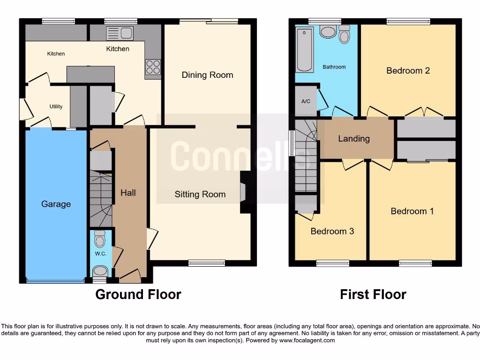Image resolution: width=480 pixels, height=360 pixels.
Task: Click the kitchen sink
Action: pos(120,32)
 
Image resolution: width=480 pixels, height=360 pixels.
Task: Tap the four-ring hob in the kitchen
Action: pos(153,67)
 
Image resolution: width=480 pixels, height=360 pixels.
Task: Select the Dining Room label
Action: pos(207,75)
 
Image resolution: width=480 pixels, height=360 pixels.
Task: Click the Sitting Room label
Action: pos(200,195)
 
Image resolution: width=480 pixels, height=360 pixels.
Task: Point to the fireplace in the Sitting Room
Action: pos(244,192)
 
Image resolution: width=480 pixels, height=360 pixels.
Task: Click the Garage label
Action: pos(56,204)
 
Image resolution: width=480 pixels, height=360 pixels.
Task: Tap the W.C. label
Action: pos(101,254)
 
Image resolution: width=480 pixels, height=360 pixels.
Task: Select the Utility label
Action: pos(56,106)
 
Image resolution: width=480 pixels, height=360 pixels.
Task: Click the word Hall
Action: pos(128,193)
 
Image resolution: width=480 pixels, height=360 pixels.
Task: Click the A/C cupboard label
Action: pos(306,101)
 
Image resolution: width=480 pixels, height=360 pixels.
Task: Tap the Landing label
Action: pos(354,139)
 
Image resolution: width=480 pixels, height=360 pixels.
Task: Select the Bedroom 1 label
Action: pos(412,211)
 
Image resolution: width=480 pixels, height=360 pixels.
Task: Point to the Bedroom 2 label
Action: pos(408,71)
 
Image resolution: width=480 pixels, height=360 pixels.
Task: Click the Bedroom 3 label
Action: pos(332,231)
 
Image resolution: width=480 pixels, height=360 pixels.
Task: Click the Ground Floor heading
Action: pos(138,294)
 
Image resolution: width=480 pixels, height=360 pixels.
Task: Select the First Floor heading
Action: pos(373,294)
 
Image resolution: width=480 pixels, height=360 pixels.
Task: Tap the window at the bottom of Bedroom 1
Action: pos(415,263)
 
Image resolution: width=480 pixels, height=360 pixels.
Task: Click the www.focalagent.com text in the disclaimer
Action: pos(307,340)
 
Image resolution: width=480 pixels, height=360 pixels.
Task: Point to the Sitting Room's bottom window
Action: pos(206,263)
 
